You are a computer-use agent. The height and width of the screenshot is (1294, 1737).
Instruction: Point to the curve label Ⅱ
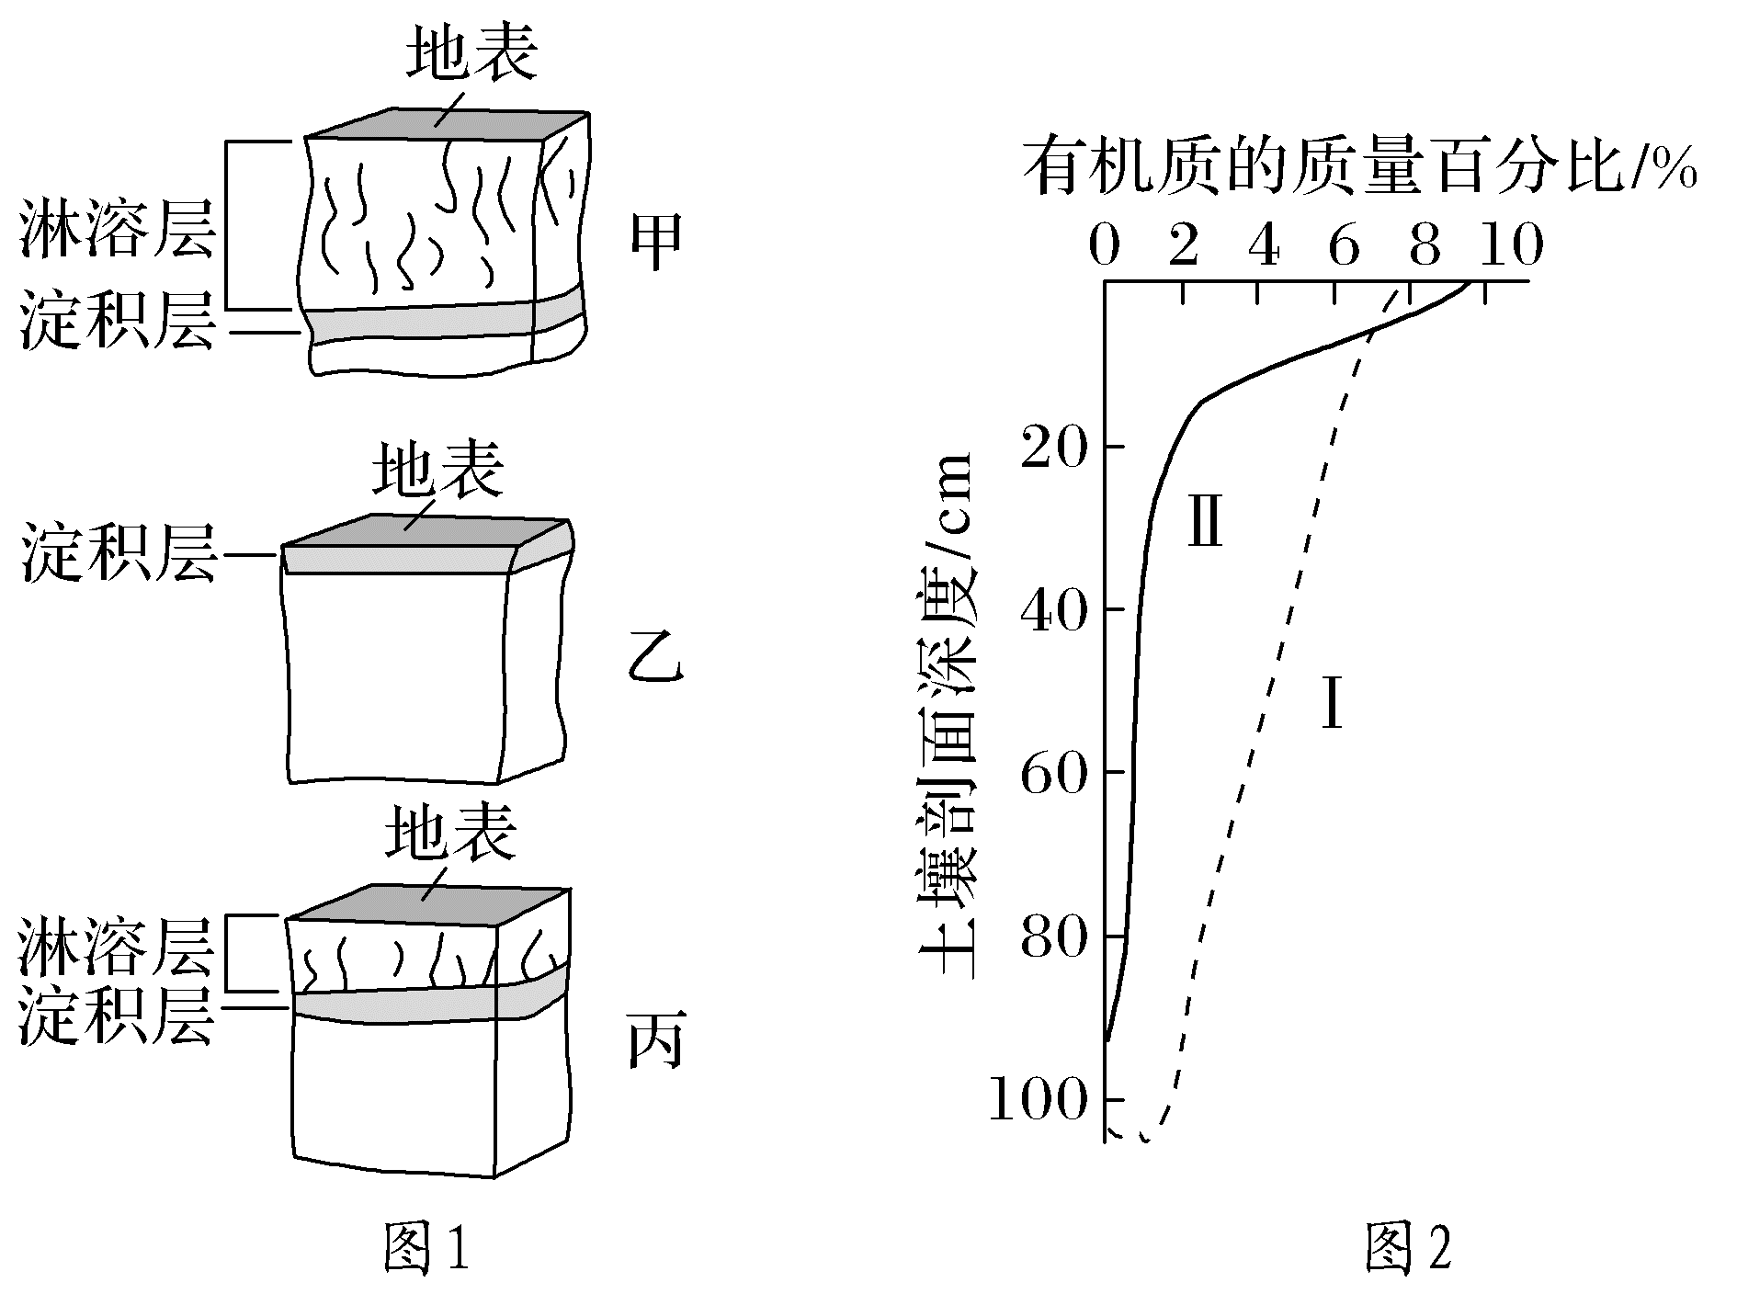[1205, 521]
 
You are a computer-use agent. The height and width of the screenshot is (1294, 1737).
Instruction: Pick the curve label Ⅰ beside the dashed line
[1331, 702]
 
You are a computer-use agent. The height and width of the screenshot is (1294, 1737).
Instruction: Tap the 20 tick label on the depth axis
[1053, 447]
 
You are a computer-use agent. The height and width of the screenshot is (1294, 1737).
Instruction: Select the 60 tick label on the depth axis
[1053, 772]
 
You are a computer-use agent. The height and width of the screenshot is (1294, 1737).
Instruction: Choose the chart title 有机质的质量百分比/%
[1358, 167]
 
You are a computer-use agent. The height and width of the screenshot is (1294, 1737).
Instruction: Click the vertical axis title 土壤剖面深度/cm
[947, 717]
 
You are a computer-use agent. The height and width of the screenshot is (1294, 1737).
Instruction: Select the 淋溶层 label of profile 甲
[118, 230]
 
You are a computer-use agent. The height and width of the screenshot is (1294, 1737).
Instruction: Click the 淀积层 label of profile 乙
[118, 553]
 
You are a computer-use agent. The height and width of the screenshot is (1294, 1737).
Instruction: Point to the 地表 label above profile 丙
[450, 832]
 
